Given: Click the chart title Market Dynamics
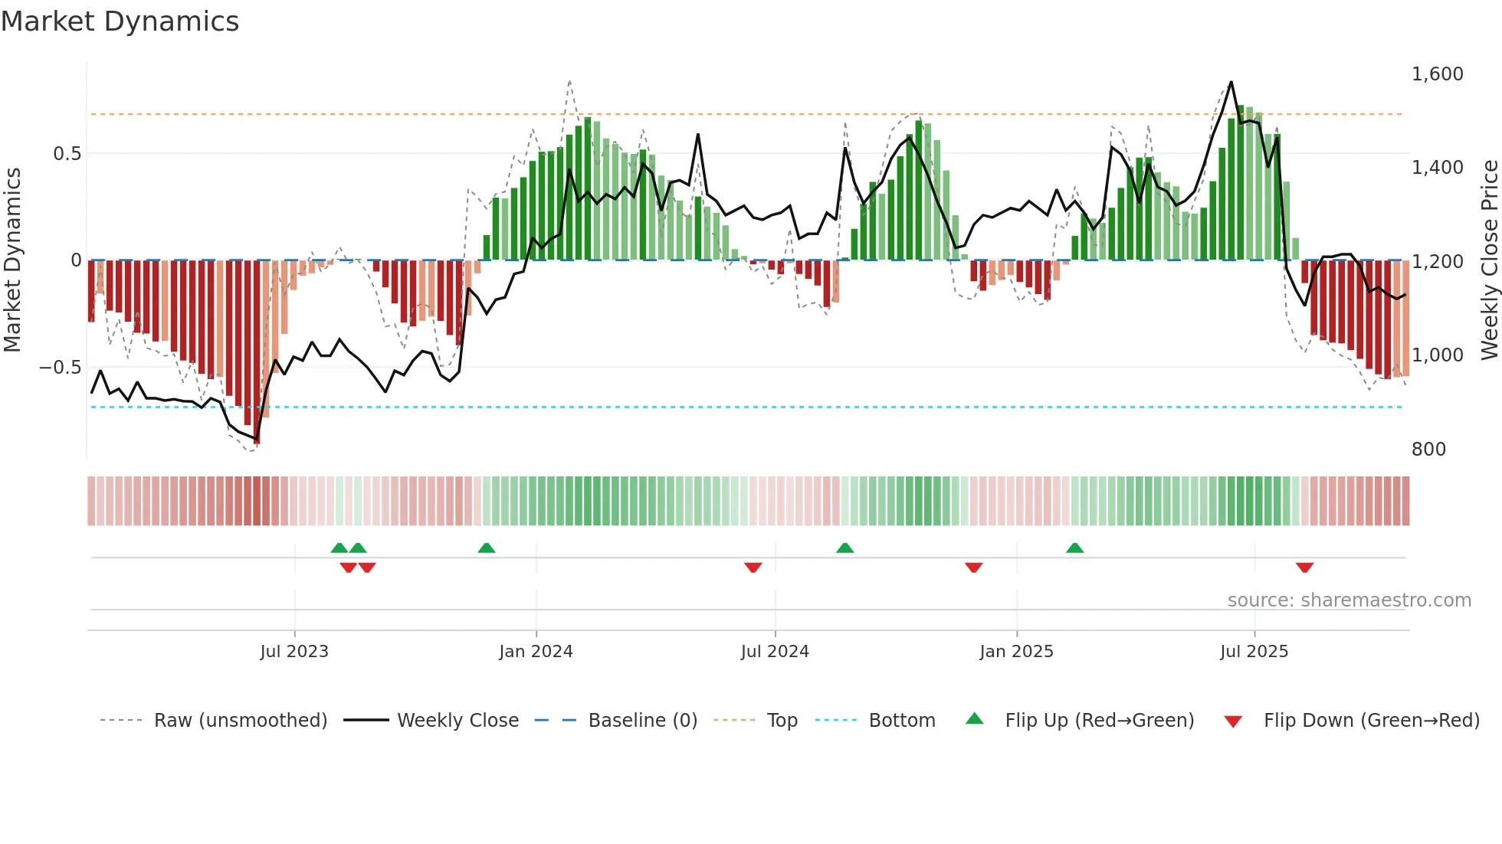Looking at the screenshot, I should [x=120, y=21].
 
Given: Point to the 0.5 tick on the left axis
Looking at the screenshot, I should [x=67, y=154].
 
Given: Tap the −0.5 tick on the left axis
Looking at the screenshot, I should [x=60, y=368].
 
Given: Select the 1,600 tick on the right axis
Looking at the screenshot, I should [x=1437, y=74].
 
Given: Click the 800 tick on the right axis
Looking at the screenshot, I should [x=1428, y=450].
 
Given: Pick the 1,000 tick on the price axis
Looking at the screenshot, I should [x=1437, y=355].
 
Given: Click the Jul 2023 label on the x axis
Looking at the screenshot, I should [x=294, y=652].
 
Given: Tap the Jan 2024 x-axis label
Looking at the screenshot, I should [x=536, y=652].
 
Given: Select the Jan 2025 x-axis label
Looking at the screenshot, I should [x=1016, y=652].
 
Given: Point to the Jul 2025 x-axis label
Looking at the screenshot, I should [x=1254, y=652].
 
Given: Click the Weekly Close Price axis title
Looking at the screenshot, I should [x=1489, y=260].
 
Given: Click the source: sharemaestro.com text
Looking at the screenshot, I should [x=1349, y=600].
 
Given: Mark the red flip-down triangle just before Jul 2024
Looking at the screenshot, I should [x=753, y=568].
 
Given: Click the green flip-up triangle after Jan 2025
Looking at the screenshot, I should [x=1074, y=548].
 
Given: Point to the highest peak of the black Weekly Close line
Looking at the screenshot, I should [x=1231, y=82].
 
